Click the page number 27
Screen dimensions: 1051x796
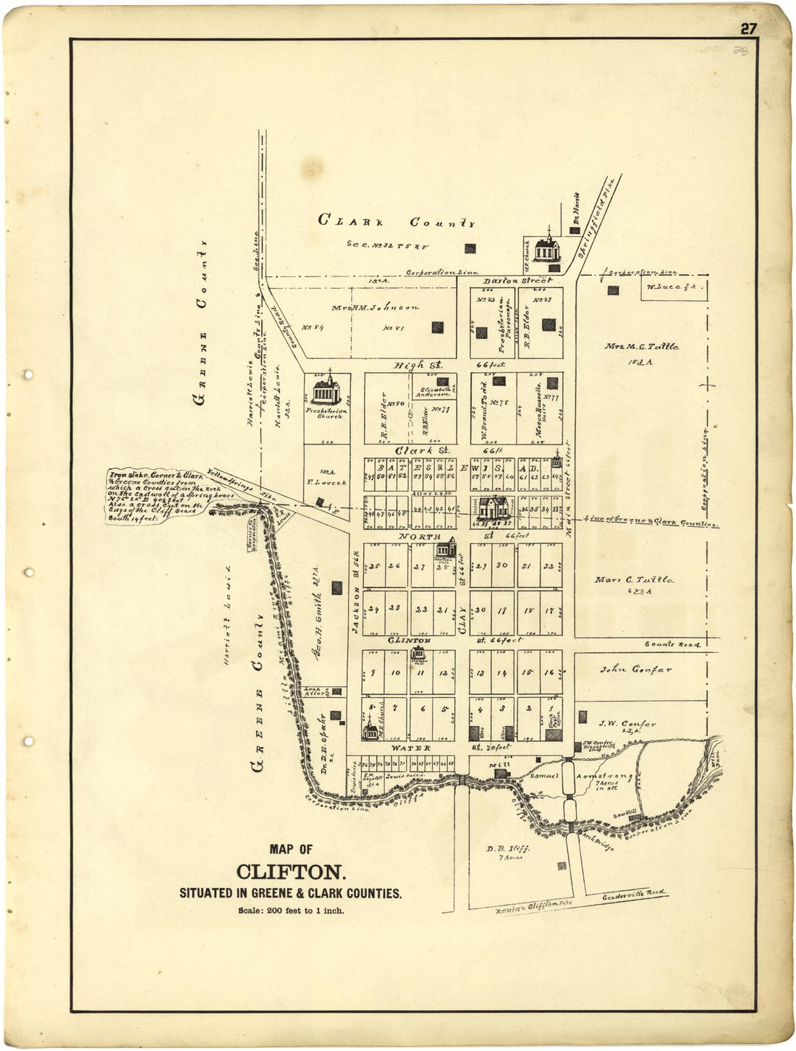tap(748, 29)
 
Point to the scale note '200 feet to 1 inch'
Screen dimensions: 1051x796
tap(291, 911)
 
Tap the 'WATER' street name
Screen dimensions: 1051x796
tap(411, 748)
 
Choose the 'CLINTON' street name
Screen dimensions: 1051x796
tap(409, 641)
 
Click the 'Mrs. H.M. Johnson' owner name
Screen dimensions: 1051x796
tap(375, 308)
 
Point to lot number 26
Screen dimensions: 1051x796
tap(394, 566)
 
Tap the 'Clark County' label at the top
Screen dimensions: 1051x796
tap(397, 221)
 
